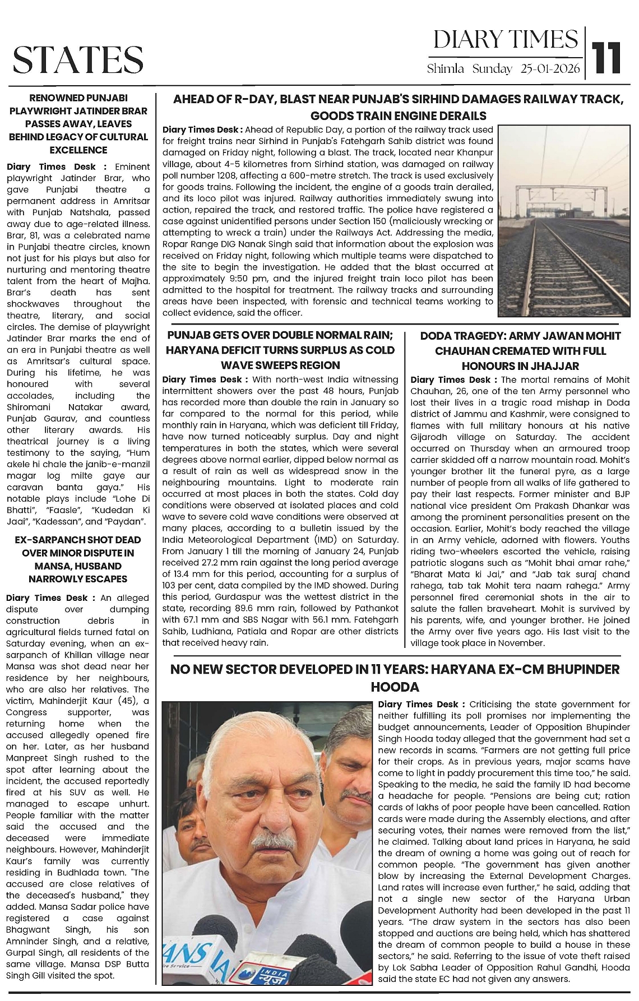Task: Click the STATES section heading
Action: (x=78, y=59)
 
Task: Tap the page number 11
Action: (x=608, y=57)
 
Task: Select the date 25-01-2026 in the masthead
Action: (x=550, y=69)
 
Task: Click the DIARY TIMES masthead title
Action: (x=505, y=40)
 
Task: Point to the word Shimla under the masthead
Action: (x=446, y=69)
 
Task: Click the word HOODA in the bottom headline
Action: (x=396, y=687)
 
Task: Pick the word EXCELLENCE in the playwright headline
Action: (x=78, y=150)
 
